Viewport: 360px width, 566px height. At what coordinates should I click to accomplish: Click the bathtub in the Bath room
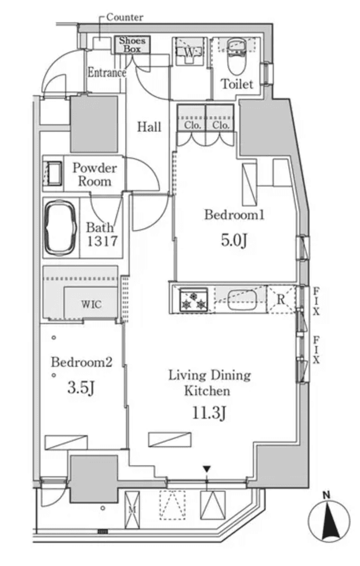60,227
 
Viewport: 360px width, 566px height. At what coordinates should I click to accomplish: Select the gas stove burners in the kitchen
193,299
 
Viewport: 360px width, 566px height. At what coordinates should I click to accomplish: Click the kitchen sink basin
242,300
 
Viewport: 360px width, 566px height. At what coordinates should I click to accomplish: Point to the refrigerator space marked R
281,299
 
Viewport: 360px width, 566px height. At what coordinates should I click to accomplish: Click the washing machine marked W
189,51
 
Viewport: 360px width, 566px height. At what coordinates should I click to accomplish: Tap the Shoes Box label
132,45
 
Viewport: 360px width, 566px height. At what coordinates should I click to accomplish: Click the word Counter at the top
125,17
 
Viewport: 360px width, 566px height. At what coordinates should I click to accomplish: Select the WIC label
91,304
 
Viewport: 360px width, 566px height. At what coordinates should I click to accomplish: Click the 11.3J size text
209,412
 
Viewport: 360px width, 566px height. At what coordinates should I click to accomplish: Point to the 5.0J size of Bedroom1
234,240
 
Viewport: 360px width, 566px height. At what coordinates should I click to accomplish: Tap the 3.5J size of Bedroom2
81,388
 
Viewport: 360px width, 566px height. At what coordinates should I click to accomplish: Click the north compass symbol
328,518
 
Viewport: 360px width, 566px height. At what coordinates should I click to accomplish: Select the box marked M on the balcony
132,510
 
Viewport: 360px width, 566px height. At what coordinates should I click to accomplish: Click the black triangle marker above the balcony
206,469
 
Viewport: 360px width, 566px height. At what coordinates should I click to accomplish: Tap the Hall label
149,127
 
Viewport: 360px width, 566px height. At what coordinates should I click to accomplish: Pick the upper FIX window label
316,302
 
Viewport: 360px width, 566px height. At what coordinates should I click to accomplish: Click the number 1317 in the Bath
102,241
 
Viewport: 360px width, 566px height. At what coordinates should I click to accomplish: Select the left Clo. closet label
192,125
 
